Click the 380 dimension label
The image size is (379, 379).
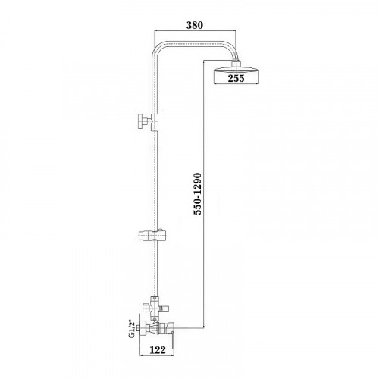(x=195, y=25)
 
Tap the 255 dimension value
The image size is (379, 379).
(x=236, y=78)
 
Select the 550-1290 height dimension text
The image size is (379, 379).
(x=197, y=193)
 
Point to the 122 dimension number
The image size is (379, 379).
(x=158, y=350)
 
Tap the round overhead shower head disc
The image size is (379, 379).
(x=236, y=70)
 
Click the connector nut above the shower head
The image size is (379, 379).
(x=236, y=62)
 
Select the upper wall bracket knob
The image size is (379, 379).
(x=141, y=121)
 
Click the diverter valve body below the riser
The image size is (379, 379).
(x=154, y=308)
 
